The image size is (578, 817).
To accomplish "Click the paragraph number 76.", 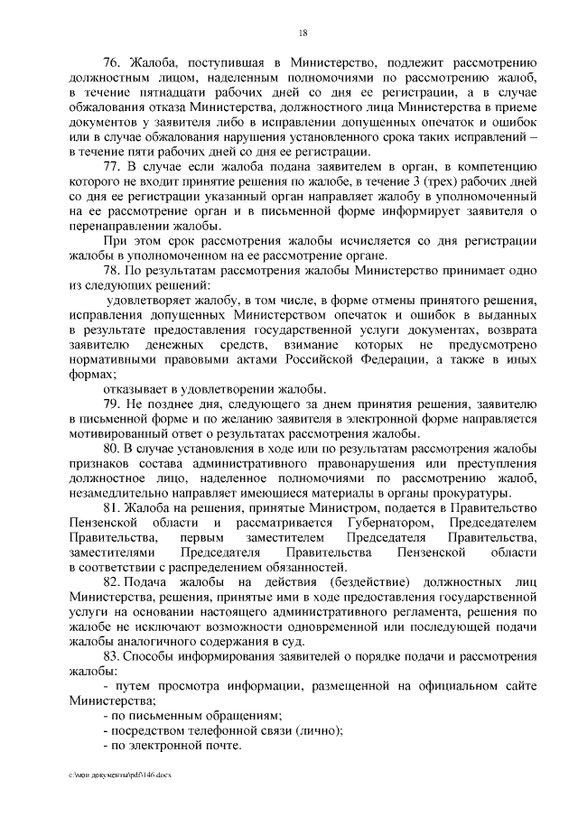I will coord(112,62).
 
